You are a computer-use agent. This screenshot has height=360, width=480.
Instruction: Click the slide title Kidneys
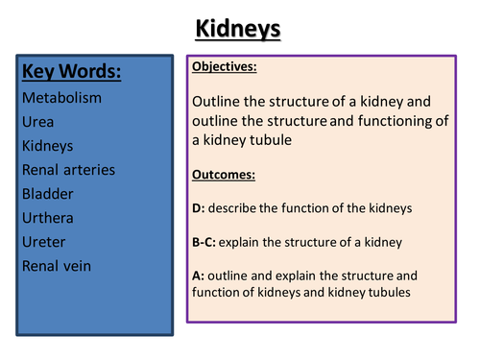click(x=239, y=30)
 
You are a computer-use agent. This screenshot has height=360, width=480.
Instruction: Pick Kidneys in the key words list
click(x=47, y=147)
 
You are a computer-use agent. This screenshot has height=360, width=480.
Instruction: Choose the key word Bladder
click(x=47, y=194)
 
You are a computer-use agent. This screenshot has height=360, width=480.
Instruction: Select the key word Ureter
click(x=44, y=242)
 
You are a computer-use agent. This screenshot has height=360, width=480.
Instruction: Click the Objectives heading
click(x=225, y=67)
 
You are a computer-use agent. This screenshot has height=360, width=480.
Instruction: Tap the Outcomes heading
click(x=222, y=176)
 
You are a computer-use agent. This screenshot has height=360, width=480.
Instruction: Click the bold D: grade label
click(x=198, y=208)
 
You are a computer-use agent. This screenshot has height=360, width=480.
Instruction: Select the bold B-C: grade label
click(x=205, y=242)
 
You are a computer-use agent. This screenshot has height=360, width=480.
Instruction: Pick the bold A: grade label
click(x=198, y=276)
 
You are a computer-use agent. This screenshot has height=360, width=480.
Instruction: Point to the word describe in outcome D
click(x=231, y=208)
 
